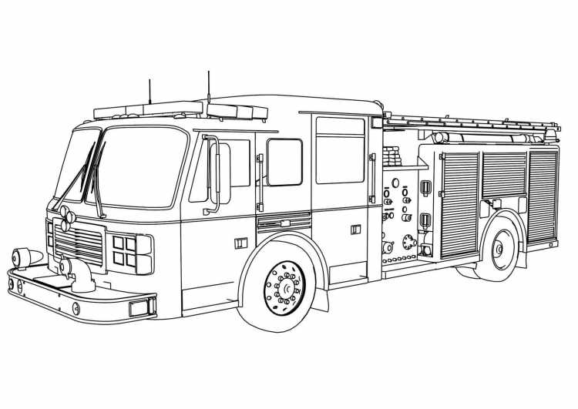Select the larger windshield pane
coord(144,166)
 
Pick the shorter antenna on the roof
coord(150,91)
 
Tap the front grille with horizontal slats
coord(78,242)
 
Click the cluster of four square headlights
coord(124,250)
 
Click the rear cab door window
coord(340,150)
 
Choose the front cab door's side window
coord(284,162)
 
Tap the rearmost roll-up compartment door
coord(543,196)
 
